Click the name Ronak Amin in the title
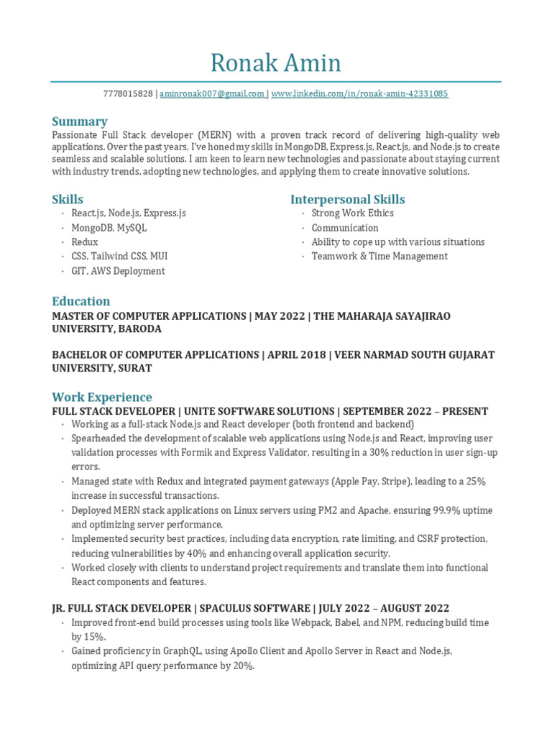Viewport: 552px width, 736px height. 275,63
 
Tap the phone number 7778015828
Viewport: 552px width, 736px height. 128,94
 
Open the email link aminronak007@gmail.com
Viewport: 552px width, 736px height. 212,94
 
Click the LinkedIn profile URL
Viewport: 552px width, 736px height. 359,94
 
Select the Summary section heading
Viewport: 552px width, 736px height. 80,121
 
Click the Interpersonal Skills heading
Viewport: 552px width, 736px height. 347,199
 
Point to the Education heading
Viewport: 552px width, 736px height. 81,301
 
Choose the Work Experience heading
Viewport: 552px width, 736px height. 102,397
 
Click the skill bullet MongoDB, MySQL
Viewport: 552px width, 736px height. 109,228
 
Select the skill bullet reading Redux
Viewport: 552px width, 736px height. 85,242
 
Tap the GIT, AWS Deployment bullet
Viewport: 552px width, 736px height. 118,271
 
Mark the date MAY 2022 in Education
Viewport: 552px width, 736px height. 277,316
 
